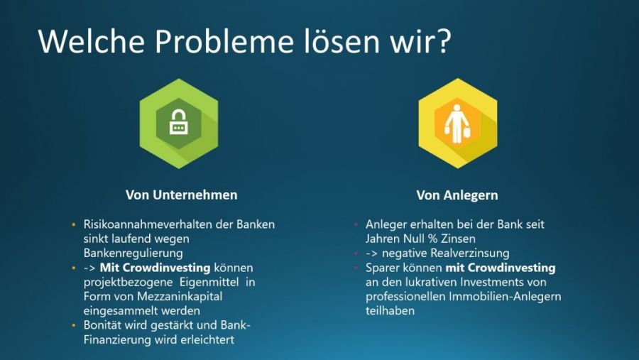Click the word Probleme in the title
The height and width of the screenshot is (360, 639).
pyautogui.click(x=224, y=42)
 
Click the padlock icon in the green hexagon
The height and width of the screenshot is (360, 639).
pyautogui.click(x=178, y=122)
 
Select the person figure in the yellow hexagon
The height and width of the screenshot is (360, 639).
pyautogui.click(x=457, y=124)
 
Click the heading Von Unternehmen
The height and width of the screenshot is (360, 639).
pyautogui.click(x=181, y=195)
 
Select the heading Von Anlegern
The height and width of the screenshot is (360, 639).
pyautogui.click(x=457, y=195)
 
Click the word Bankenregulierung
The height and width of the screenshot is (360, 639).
pyautogui.click(x=133, y=253)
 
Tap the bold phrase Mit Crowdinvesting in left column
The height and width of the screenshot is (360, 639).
pyautogui.click(x=155, y=268)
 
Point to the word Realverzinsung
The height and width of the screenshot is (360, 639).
pyautogui.click(x=470, y=253)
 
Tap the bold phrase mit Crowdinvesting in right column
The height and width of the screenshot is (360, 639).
pyautogui.click(x=501, y=268)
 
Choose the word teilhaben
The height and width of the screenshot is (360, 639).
pyautogui.click(x=390, y=311)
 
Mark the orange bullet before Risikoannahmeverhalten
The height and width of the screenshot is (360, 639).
pyautogui.click(x=74, y=224)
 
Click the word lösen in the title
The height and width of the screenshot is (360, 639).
pyautogui.click(x=342, y=42)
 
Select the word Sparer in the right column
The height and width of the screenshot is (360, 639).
pyautogui.click(x=382, y=268)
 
